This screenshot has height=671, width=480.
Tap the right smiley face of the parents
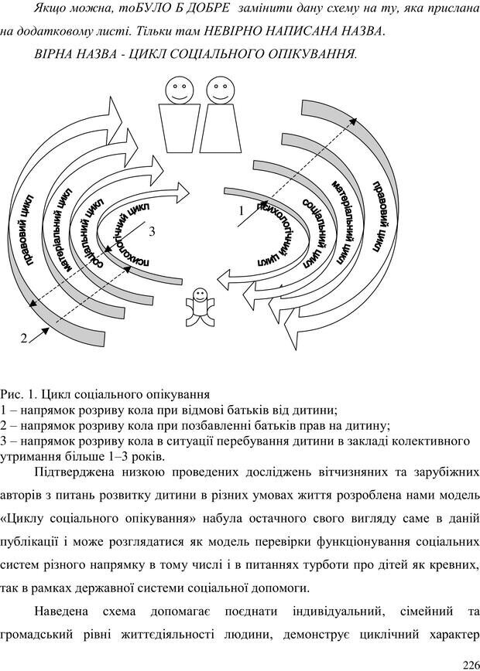[221, 92]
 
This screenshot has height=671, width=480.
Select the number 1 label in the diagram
[241, 210]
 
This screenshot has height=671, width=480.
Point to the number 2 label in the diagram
[24, 338]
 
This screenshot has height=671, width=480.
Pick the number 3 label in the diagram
[153, 231]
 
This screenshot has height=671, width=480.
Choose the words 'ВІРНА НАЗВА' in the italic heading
[74, 54]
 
